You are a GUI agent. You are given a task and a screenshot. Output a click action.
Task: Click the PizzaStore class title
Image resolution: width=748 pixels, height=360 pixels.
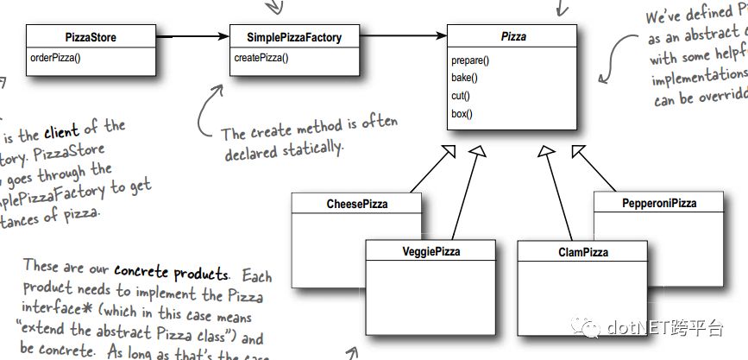(91, 37)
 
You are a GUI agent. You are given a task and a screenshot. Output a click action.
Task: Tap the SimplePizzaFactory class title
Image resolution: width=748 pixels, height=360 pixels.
(294, 37)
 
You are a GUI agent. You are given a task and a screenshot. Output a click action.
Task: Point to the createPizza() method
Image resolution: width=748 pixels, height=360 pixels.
(261, 59)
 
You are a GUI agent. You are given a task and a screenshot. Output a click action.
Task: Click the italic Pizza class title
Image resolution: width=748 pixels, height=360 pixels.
(513, 37)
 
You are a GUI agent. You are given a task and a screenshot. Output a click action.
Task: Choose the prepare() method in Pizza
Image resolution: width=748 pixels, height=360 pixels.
(470, 60)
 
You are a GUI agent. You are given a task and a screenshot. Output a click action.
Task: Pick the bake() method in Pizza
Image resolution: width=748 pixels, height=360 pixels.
(464, 78)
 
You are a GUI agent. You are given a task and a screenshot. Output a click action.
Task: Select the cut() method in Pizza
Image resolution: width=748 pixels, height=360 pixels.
(462, 95)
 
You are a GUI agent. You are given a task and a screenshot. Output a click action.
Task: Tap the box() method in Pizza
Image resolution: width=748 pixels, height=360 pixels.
(462, 113)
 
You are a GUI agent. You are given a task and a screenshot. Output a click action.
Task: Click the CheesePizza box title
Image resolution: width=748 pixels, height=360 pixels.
(356, 205)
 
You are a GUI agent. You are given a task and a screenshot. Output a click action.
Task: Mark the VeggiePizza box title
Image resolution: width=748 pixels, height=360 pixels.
(431, 251)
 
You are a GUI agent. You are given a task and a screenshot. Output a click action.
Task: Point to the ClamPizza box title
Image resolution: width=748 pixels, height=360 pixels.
(582, 251)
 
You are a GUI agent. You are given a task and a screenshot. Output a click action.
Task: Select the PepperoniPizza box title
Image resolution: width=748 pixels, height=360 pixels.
(658, 204)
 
